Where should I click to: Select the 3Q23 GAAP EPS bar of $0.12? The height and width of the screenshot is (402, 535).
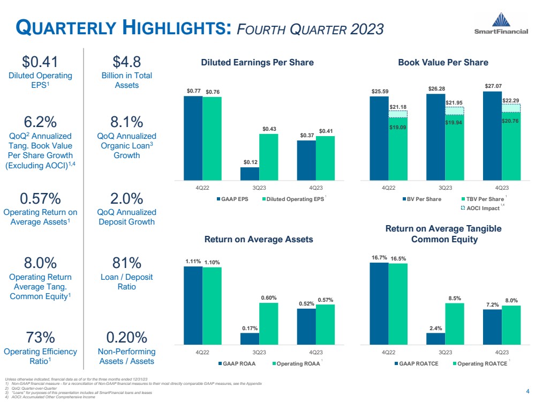250,174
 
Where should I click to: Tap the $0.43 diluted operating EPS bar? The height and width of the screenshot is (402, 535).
268,157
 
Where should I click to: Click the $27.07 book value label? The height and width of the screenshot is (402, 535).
492,85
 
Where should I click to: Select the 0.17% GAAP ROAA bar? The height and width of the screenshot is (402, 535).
250,339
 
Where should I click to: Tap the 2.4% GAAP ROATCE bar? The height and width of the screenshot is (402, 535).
436,339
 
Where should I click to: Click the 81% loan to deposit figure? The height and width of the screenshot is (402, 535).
120,264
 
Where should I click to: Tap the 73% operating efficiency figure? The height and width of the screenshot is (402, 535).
41,338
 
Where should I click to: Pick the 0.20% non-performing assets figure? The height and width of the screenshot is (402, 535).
127,338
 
